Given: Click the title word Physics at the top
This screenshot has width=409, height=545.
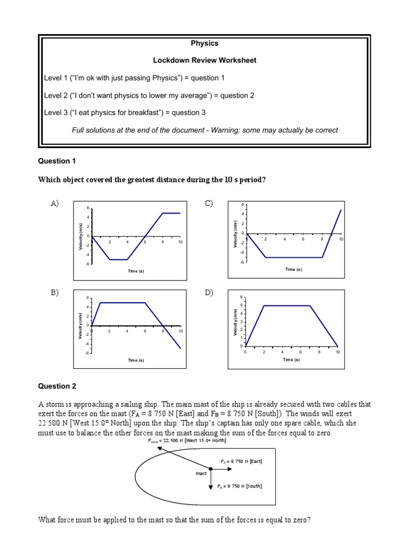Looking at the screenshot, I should tap(204, 43).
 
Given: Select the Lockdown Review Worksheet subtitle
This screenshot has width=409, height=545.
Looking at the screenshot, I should tap(204, 61).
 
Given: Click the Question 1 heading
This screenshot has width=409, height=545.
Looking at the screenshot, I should tap(54, 161).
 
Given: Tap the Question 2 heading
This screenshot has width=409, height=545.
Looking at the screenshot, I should tap(54, 386).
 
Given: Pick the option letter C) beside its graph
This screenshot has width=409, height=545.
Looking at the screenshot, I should tap(208, 203).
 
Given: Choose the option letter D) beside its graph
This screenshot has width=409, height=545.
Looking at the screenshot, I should tap(208, 292).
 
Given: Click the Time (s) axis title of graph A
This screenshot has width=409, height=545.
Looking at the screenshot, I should tap(136, 271).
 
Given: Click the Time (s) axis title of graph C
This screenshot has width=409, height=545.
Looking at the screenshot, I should tap(293, 269).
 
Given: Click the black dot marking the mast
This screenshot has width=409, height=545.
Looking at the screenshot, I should tap(211, 469).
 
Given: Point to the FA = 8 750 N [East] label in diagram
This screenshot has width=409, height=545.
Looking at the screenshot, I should tap(241, 461).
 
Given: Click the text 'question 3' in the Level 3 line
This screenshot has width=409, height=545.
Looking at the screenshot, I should tap(187, 113).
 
